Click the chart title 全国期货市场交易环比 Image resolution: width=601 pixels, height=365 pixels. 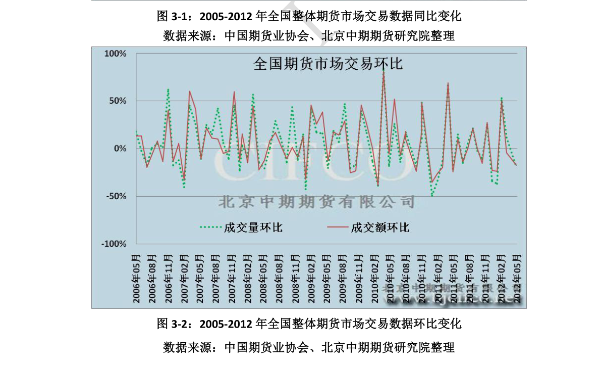pyautogui.click(x=327, y=64)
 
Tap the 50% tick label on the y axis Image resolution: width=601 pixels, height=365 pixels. pyautogui.click(x=118, y=101)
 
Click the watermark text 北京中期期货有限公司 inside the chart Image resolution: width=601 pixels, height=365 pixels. pyautogui.click(x=316, y=202)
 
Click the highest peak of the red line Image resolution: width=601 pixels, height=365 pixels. pyautogui.click(x=384, y=71)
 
